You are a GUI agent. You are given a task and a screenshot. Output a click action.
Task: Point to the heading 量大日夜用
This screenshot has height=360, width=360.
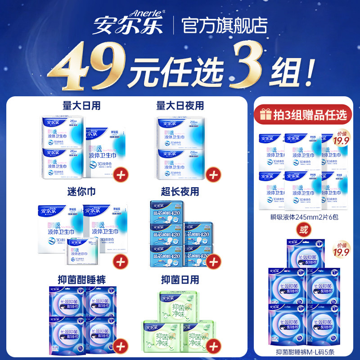coord(180,106)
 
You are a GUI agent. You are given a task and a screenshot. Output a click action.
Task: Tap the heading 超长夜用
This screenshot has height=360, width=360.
coord(180,192)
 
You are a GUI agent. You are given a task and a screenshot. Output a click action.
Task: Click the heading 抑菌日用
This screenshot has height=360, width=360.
coord(180,278)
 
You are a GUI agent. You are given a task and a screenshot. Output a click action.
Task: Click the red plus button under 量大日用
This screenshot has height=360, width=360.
coord(121,173)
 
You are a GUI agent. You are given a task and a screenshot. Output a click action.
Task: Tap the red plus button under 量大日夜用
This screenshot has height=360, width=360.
coord(214,173)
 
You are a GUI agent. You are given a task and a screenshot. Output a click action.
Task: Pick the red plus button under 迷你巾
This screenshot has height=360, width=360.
coord(121,261)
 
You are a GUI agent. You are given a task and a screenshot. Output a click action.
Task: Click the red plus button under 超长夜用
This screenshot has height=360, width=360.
coord(214,261)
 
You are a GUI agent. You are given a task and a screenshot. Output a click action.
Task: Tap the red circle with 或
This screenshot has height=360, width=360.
coord(305,231)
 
